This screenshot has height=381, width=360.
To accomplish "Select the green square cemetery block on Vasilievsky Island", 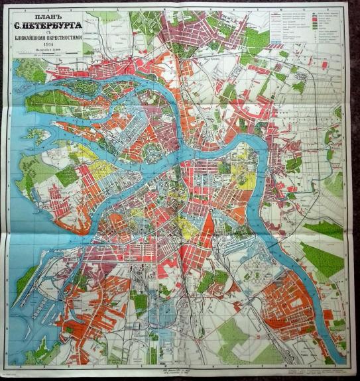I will (x=67, y=176).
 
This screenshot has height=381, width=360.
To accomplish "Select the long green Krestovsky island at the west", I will (x=53, y=99).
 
